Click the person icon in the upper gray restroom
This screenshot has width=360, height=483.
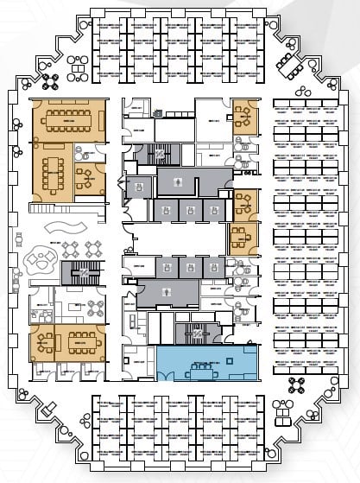pyautogui.click(x=177, y=182)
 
